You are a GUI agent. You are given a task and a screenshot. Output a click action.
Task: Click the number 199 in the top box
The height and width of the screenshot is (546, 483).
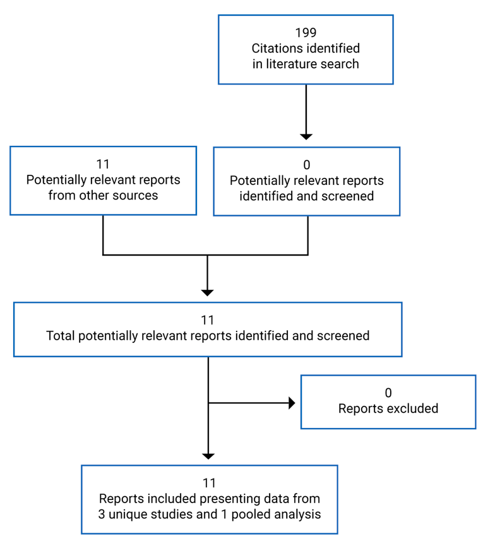pyautogui.click(x=306, y=33)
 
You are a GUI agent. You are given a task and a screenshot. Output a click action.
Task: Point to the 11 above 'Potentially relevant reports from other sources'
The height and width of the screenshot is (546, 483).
pyautogui.click(x=103, y=165)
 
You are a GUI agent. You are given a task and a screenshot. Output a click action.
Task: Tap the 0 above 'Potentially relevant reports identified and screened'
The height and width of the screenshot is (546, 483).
pyautogui.click(x=307, y=165)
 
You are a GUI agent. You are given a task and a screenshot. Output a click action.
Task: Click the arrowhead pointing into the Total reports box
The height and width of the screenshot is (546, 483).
pyautogui.click(x=207, y=292)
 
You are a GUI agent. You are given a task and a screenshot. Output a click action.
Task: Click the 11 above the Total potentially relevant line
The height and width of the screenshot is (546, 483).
pyautogui.click(x=208, y=321)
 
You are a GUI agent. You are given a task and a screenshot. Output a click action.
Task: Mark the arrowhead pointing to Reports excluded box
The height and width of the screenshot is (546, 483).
pyautogui.click(x=292, y=403)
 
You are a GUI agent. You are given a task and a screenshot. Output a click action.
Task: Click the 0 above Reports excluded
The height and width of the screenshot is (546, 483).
pyautogui.click(x=388, y=393)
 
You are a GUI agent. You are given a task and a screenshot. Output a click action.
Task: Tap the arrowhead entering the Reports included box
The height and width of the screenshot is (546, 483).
pyautogui.click(x=208, y=456)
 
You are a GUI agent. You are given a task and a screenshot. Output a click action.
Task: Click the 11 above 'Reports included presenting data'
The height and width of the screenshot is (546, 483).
pyautogui.click(x=209, y=484)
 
